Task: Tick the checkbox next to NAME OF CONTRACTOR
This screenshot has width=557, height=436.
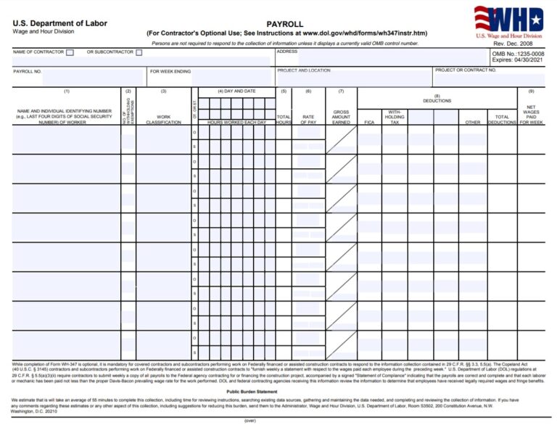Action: (70, 52)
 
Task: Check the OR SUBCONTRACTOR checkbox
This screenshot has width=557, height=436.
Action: (139, 52)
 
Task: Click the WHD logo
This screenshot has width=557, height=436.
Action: (508, 20)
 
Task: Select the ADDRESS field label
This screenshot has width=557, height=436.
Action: (286, 52)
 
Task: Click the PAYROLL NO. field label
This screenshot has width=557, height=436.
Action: (28, 71)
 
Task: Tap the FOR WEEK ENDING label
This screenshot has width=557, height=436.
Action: (170, 71)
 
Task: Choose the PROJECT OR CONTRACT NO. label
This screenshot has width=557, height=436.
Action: (466, 70)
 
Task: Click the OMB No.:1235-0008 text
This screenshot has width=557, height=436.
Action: (518, 54)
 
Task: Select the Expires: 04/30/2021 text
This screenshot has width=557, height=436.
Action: (518, 61)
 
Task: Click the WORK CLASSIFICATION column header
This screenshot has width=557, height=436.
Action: (163, 120)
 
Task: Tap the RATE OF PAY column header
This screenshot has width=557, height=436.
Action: (308, 120)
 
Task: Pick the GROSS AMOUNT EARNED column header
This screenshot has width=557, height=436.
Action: (341, 118)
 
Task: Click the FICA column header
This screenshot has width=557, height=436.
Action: (369, 123)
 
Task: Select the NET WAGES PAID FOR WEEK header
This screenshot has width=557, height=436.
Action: (531, 115)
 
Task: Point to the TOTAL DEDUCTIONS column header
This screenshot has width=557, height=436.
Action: (501, 120)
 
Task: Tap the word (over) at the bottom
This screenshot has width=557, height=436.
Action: (250, 421)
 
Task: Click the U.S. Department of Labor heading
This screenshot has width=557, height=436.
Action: (59, 23)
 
